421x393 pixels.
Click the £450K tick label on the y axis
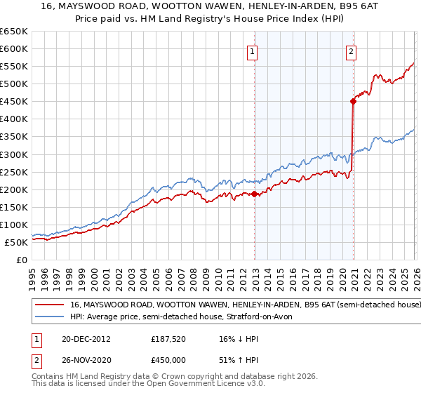13,102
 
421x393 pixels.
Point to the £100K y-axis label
13,225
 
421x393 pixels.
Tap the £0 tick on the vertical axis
22,260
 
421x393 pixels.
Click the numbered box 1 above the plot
252,51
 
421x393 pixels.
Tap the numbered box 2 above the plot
350,51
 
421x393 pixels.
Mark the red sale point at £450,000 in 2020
353,101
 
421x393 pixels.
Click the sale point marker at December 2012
255,194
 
